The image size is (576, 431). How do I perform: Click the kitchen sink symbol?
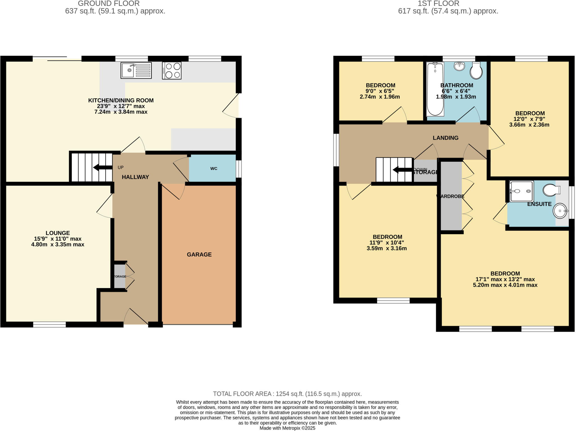click(136, 70)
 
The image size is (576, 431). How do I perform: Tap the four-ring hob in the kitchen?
click(172, 71)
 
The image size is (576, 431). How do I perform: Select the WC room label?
click(214, 168)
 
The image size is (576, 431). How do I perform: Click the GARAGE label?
click(199, 254)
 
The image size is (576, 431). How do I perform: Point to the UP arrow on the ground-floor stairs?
click(103, 168)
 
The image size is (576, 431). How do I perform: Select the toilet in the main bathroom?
click(476, 71)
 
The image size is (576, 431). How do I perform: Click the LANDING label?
click(445, 138)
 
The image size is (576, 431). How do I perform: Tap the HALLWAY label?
click(135, 177)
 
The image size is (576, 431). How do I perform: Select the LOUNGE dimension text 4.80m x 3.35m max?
click(58, 245)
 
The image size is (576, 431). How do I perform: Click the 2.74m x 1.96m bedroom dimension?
click(380, 97)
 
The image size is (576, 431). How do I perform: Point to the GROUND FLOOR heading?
click(109, 4)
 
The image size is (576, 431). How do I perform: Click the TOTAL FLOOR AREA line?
click(287, 394)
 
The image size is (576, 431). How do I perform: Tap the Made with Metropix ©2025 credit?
click(287, 428)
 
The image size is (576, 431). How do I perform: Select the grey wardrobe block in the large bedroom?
click(451, 196)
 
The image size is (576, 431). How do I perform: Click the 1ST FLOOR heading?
click(438, 4)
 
